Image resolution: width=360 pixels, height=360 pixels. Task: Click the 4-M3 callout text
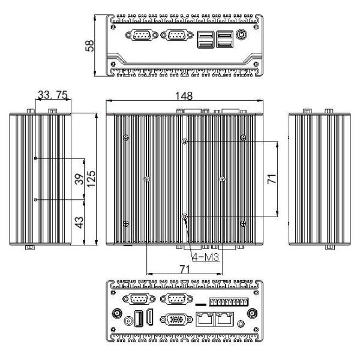(x=205, y=258)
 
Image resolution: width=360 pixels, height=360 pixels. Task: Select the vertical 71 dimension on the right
(x=272, y=178)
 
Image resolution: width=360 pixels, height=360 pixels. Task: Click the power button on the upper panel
(x=242, y=35)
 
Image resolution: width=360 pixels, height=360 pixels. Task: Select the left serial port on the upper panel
(x=142, y=35)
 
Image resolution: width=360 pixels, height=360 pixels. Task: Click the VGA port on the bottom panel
(x=175, y=319)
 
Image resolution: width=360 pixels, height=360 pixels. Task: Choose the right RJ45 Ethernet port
(x=225, y=318)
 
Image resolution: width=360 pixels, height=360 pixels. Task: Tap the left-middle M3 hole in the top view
(x=147, y=178)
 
